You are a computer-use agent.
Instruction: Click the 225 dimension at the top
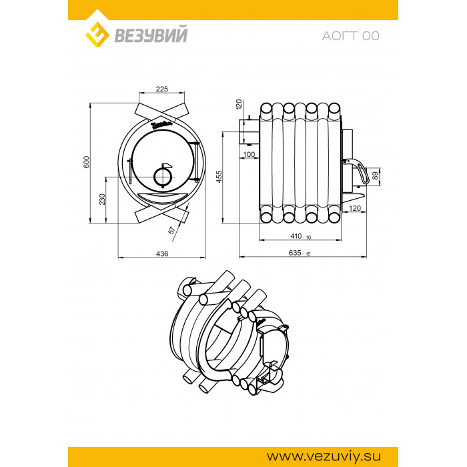(161, 89)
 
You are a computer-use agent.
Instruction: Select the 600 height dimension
(86, 161)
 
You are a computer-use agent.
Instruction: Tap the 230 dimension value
(102, 199)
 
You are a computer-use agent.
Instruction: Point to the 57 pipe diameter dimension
(171, 230)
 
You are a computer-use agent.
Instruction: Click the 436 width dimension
(162, 254)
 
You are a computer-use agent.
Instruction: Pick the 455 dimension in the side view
(219, 177)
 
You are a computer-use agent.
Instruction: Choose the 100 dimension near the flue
(249, 154)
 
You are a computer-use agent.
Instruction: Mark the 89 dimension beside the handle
(376, 175)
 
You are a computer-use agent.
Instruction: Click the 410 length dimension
(300, 236)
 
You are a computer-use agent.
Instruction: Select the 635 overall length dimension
(300, 253)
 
